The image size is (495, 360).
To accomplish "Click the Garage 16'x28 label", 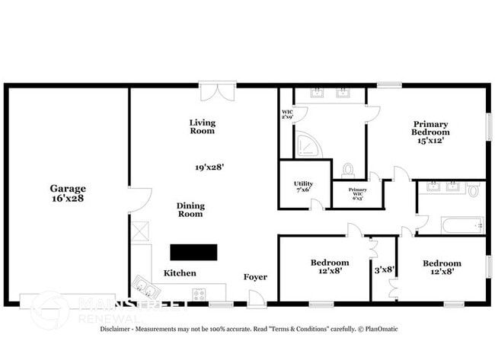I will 68,193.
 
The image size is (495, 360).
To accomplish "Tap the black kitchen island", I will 193,253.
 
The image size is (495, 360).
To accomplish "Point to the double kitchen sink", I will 143,286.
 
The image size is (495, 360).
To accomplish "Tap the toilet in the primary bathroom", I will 349,170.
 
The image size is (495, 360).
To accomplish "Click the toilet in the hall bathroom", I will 473,190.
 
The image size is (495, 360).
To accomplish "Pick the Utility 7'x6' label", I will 303,186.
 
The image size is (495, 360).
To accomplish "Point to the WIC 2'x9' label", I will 287,115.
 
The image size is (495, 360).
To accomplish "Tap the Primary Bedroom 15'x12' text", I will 430,132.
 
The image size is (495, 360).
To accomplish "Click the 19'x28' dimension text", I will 209,166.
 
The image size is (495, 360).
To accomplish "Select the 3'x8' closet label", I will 383,269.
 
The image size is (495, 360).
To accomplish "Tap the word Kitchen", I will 180,273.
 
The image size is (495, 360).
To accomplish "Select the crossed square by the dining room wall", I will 139,231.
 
